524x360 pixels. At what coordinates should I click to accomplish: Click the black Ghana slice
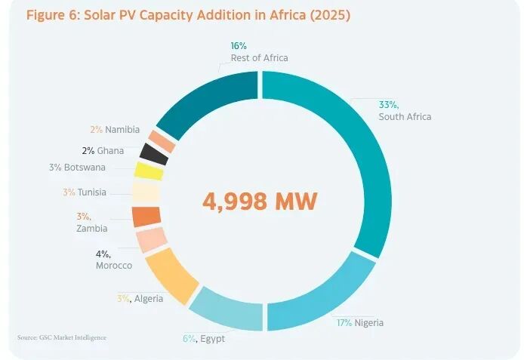pos(154,154)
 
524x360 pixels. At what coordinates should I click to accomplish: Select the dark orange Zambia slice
pos(146,217)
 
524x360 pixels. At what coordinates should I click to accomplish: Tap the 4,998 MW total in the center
pos(260,201)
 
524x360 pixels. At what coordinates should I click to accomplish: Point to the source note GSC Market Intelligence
pos(61,337)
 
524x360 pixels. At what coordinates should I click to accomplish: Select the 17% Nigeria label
pos(359,323)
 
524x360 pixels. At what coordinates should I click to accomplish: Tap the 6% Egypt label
pos(203,338)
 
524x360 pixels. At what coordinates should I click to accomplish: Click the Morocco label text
pos(114,266)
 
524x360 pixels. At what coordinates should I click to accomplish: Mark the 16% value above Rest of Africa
pos(239,46)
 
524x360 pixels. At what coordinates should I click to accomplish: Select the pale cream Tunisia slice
pos(145,193)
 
